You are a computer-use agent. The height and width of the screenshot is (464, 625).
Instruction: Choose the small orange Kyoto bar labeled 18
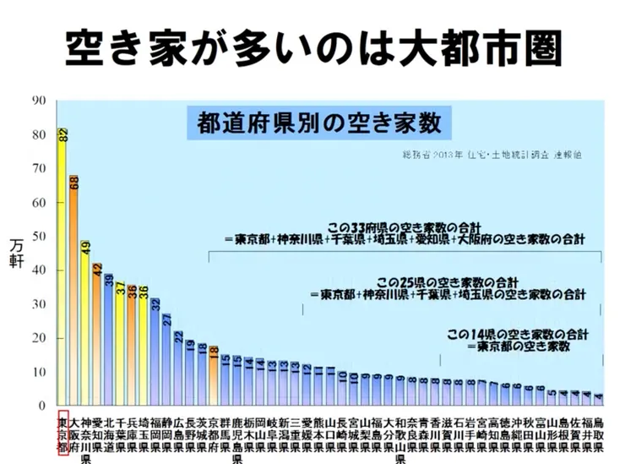(214, 375)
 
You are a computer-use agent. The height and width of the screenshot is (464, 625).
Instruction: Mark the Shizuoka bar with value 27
(167, 360)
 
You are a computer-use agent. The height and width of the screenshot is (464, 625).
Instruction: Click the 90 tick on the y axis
(39, 101)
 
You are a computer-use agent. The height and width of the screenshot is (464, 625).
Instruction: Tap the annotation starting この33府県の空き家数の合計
(405, 236)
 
